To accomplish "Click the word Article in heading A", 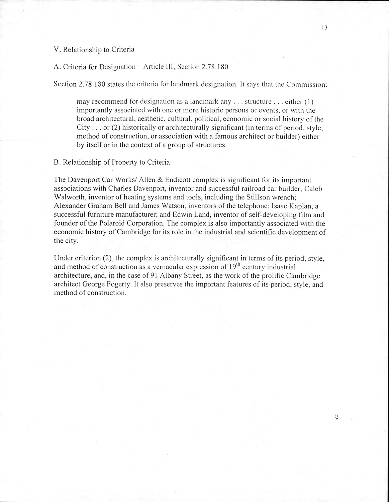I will pos(153,67).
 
